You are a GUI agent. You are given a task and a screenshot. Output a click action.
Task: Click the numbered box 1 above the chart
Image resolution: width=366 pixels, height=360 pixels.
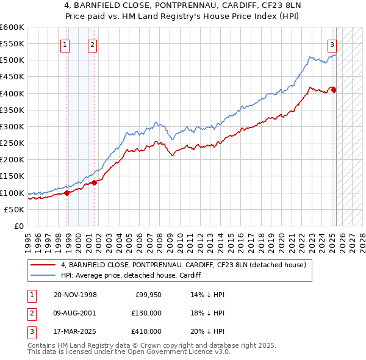[65, 44]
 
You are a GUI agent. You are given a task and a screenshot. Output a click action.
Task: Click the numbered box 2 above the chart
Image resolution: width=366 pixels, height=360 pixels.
[91, 44]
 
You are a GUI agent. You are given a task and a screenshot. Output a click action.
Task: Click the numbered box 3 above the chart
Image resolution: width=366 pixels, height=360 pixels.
[332, 44]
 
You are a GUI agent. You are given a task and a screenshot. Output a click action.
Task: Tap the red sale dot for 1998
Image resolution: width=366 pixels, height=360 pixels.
[67, 193]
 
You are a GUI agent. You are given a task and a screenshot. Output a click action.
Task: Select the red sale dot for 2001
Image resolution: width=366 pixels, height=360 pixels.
[95, 182]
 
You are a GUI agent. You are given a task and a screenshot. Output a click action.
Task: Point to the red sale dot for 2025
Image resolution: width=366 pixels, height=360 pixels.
[334, 90]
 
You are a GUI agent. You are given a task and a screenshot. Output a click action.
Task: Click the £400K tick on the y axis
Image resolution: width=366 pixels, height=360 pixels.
[12, 93]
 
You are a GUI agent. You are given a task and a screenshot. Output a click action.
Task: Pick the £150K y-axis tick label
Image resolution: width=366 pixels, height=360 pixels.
[12, 176]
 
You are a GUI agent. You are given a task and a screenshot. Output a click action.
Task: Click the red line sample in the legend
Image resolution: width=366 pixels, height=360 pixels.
[43, 265]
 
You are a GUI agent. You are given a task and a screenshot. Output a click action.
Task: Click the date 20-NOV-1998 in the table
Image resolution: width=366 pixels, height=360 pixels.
[75, 295]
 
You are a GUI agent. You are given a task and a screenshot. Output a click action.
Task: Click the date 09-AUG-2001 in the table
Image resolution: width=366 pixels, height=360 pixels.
[75, 313]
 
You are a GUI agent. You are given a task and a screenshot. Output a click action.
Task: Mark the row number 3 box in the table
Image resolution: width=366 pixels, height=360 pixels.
[30, 331]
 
